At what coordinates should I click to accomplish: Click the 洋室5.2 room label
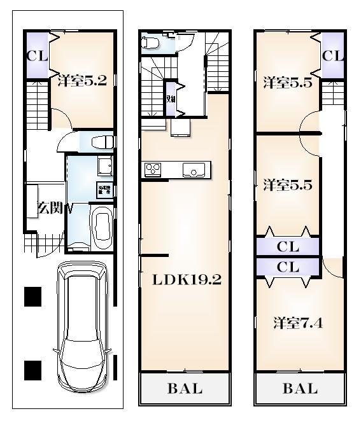point(81,81)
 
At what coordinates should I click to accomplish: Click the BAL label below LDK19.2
point(185,389)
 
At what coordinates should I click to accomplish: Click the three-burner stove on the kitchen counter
point(153,170)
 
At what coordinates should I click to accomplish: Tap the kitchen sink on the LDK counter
point(192,170)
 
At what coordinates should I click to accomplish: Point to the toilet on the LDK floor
point(150,43)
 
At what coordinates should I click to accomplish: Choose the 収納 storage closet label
point(171,99)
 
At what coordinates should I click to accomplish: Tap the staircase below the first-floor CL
point(38,102)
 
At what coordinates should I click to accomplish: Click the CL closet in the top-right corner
point(332,55)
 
